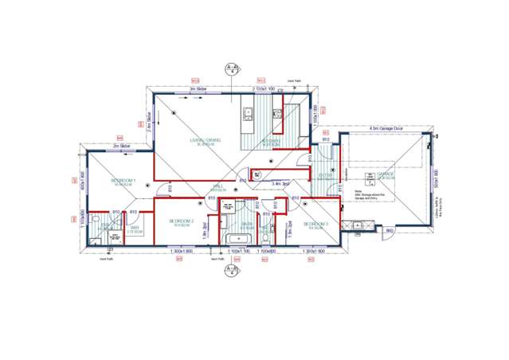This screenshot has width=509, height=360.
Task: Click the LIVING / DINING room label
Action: coord(205,142)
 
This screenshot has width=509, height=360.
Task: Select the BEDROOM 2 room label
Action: coord(182,221)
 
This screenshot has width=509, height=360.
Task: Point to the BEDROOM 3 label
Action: coord(315,224)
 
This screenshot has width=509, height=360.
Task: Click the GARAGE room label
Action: coord(386,174)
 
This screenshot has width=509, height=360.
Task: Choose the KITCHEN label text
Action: coord(272,143)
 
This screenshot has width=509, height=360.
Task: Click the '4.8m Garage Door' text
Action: coord(386,127)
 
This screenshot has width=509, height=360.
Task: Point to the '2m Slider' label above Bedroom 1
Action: coord(121,147)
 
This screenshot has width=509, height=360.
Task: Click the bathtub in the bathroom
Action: coord(240,239)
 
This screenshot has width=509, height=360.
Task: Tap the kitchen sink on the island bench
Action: coord(247,112)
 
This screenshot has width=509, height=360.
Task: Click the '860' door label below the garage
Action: coord(389,231)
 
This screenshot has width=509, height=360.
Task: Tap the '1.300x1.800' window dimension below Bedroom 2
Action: coord(182,252)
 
